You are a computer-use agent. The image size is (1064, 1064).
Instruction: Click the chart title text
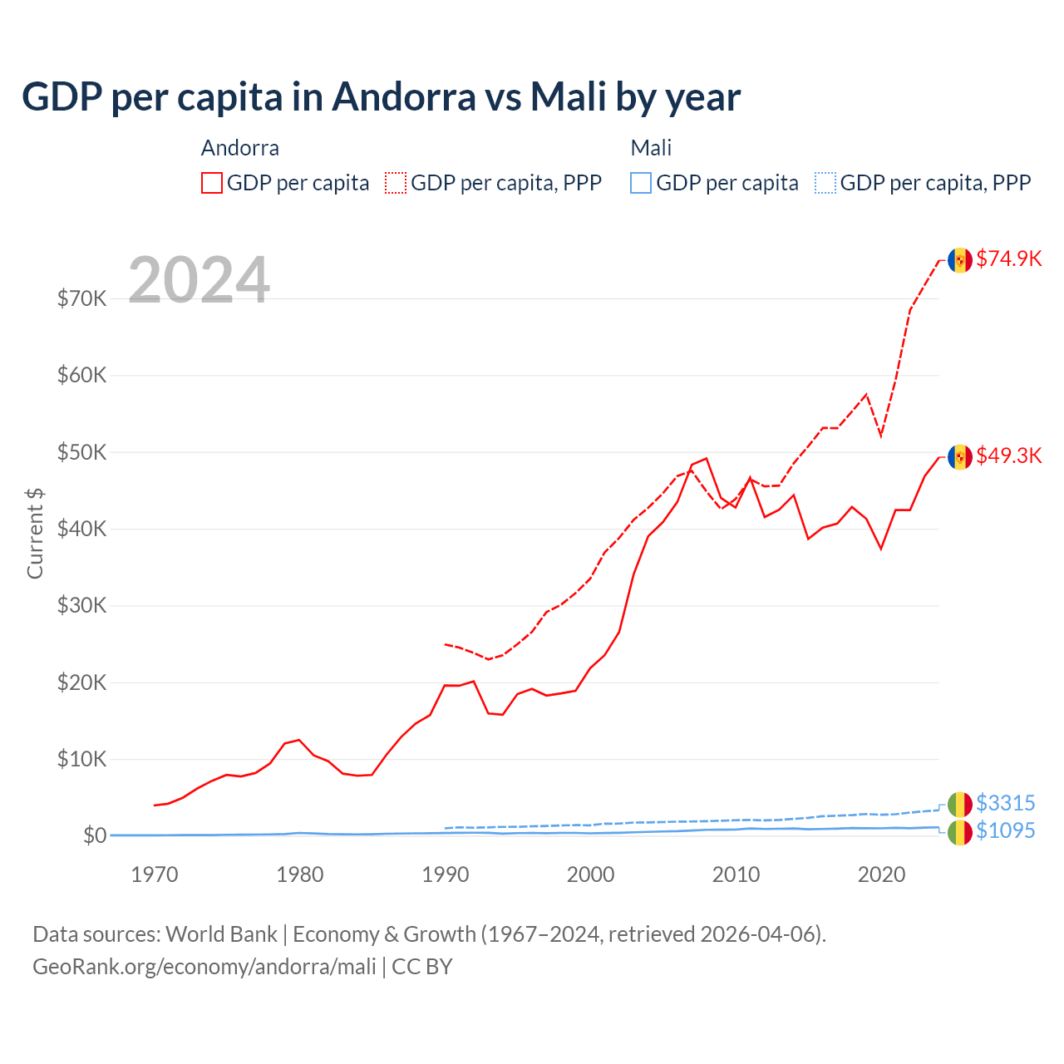(x=381, y=97)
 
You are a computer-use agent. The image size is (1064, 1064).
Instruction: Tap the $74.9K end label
(x=1008, y=259)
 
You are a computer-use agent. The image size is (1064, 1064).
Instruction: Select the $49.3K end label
(x=1008, y=456)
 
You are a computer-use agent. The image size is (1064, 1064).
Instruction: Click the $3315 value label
(x=1005, y=803)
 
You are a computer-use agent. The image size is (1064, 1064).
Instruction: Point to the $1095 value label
(x=1005, y=830)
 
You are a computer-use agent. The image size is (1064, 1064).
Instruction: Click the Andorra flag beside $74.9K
(x=960, y=260)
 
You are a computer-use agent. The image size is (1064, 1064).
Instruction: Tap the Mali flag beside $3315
(x=960, y=804)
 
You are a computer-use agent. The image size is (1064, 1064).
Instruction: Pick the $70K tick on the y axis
(x=81, y=298)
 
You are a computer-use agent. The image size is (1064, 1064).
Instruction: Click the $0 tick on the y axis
(x=95, y=835)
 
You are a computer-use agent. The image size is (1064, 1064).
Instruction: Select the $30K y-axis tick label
(x=81, y=605)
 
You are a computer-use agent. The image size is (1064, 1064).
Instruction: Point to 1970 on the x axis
(x=155, y=874)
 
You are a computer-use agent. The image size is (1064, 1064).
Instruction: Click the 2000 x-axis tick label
(x=590, y=874)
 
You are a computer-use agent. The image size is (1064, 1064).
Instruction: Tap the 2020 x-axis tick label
(x=881, y=874)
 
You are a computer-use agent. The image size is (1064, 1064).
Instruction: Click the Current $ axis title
(x=35, y=534)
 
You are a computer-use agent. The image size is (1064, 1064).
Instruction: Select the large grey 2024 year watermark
(x=199, y=280)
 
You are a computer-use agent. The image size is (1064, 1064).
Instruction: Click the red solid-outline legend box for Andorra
(x=212, y=183)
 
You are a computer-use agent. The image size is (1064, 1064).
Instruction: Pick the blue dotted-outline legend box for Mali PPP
(x=825, y=183)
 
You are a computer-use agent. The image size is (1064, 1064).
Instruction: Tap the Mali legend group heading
(x=651, y=148)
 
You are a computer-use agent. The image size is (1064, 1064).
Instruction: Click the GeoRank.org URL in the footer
(x=204, y=967)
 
